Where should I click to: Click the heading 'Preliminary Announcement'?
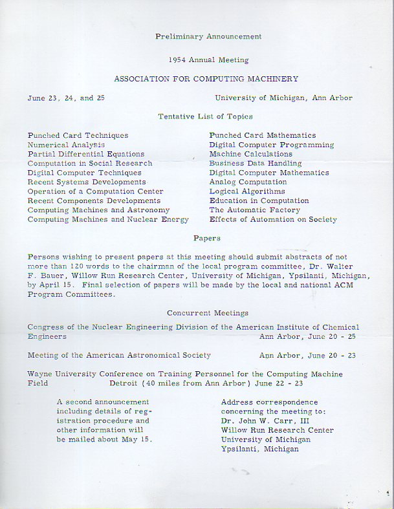point(208,37)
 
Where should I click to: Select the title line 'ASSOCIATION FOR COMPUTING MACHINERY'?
point(206,79)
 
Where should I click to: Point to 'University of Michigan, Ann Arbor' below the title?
point(283,98)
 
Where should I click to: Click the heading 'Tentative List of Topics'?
point(205,116)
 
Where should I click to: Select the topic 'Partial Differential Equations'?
point(86,155)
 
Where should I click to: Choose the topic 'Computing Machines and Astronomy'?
point(98,210)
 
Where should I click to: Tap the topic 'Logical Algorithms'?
point(246,191)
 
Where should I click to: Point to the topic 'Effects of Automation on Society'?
point(272,220)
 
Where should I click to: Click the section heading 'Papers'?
point(206,239)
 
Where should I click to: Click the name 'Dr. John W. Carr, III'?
point(263,421)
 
